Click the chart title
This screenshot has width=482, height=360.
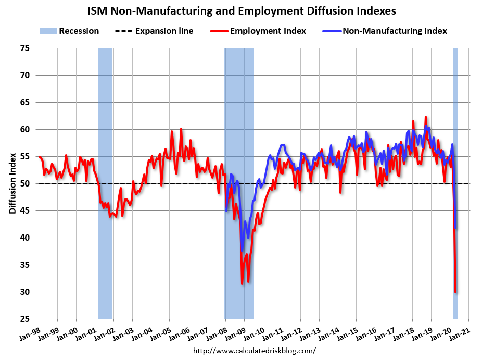click(x=241, y=10)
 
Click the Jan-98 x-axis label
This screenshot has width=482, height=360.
click(x=30, y=332)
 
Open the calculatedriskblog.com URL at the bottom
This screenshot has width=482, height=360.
click(x=255, y=351)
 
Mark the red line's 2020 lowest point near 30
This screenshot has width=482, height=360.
click(x=456, y=292)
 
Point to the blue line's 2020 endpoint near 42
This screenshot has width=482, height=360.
click(x=456, y=228)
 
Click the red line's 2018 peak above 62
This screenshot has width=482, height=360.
click(x=426, y=117)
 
